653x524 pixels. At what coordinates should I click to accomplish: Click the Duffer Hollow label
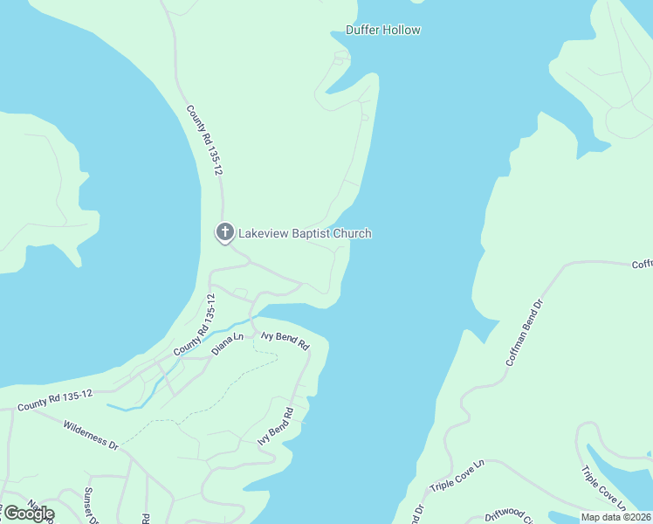383,30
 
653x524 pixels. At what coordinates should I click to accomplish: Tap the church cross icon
224,232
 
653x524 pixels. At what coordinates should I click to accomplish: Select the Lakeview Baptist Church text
305,233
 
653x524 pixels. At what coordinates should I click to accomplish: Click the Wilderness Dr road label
90,435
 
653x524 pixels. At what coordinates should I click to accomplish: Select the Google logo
28,513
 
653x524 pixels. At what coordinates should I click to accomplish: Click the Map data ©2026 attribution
615,517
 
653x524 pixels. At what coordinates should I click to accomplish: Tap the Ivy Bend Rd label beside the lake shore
275,425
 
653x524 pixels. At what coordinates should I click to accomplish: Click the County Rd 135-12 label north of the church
204,140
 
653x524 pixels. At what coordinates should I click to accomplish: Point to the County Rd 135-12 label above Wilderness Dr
54,400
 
